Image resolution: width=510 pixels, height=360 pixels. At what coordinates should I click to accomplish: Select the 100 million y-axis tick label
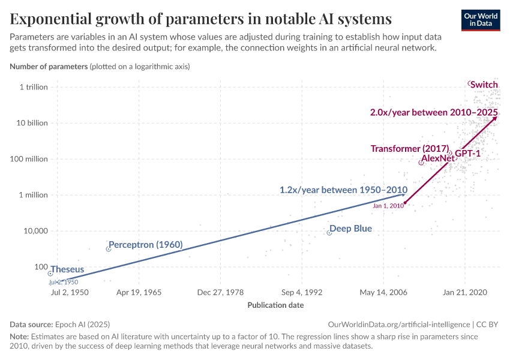(x=29, y=159)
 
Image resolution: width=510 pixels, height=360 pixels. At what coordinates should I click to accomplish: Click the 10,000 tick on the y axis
(x=35, y=231)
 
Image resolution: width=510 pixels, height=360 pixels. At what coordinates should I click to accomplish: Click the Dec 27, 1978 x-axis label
(x=220, y=292)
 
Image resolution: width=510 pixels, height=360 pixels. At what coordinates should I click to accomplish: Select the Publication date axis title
(x=275, y=305)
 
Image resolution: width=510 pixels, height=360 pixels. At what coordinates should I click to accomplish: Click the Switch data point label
(x=484, y=85)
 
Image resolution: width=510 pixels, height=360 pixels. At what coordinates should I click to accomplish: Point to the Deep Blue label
(x=351, y=229)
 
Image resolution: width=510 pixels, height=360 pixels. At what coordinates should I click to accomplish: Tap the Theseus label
(x=67, y=269)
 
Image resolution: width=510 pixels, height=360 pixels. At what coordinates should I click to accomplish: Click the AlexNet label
(x=438, y=158)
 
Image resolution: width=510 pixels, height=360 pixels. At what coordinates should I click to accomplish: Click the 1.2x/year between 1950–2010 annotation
(x=343, y=190)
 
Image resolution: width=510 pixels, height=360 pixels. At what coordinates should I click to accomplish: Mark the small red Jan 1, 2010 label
(x=388, y=205)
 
